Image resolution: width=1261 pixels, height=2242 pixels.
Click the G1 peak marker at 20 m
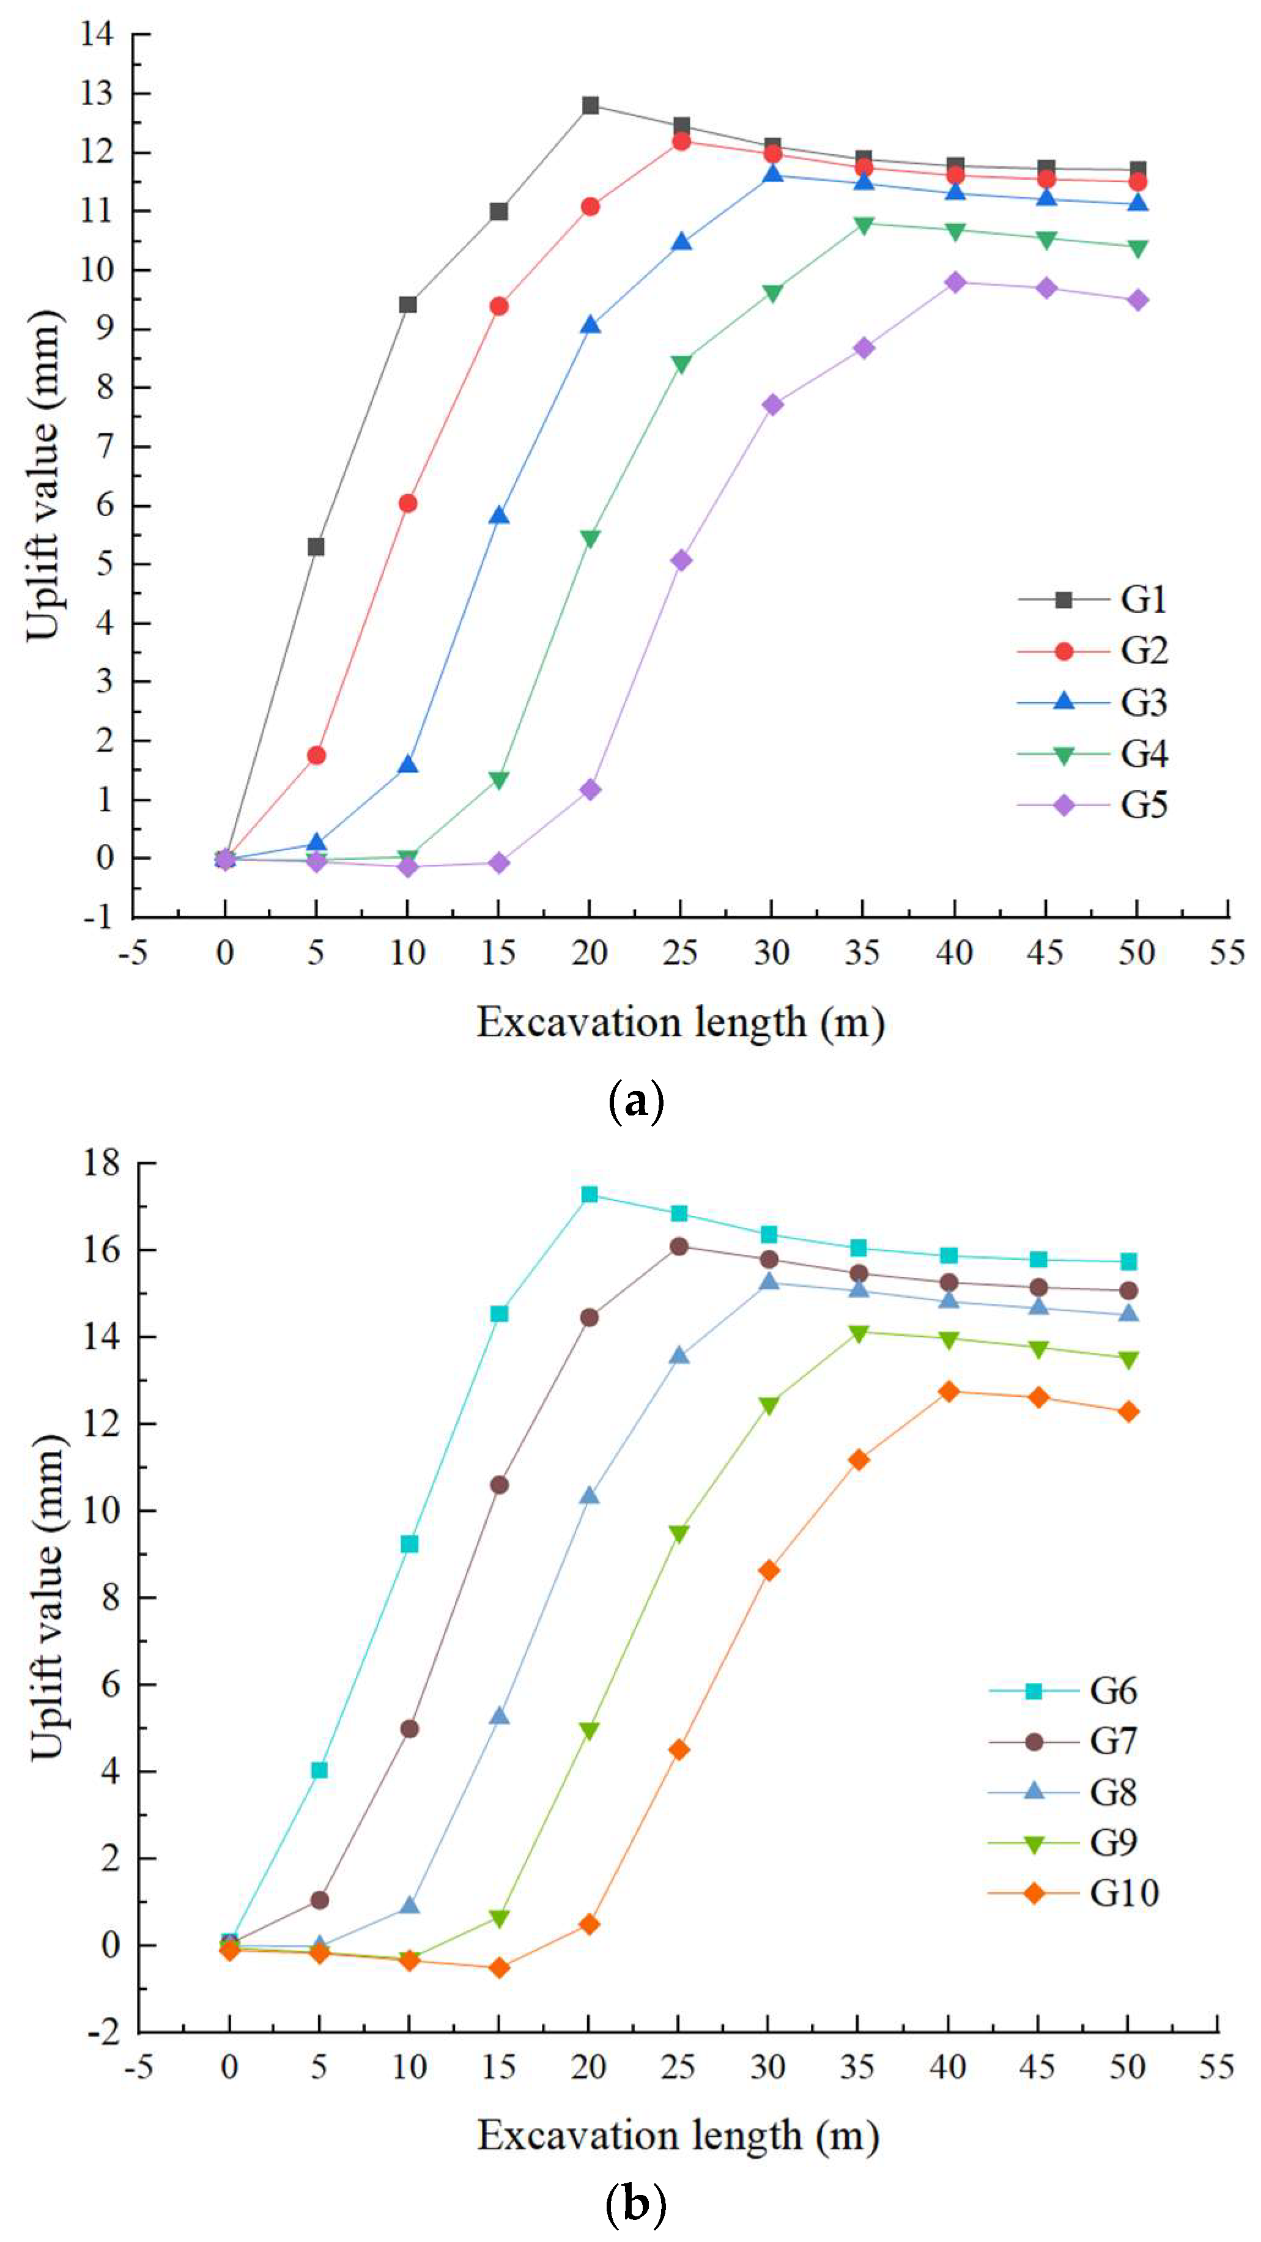tap(590, 105)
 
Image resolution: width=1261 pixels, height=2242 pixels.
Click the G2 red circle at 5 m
tap(316, 755)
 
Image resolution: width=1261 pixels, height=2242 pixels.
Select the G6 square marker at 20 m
tap(589, 1195)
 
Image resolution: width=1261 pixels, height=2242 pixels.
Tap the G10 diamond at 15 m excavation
tap(498, 1968)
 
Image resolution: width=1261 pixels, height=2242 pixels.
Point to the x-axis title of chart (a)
tap(681, 1023)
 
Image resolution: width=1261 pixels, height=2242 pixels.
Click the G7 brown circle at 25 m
tap(679, 1246)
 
